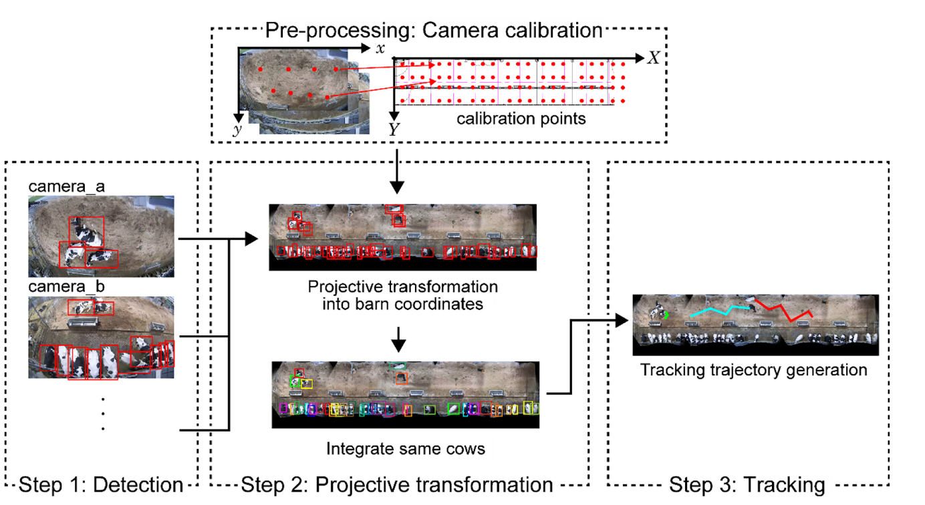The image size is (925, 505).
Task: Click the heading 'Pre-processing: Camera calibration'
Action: [434, 30]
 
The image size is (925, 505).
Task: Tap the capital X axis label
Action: [653, 58]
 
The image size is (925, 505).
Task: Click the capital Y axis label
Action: [394, 130]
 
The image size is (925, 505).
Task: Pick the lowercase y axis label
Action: [237, 130]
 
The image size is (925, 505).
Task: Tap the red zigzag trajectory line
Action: [785, 311]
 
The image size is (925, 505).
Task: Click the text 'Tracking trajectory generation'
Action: [754, 369]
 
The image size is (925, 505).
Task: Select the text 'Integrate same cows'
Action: [406, 448]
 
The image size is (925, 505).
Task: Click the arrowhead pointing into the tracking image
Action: [626, 320]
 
